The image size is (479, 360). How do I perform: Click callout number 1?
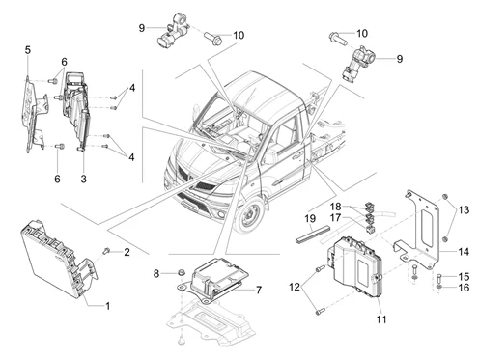(108, 306)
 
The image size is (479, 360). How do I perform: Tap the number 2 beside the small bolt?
(127, 252)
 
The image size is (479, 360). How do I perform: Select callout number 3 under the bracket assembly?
(84, 179)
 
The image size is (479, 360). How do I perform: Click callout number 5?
(28, 50)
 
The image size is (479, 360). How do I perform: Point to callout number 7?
(259, 290)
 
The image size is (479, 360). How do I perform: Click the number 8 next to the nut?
(156, 274)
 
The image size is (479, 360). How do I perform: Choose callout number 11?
(381, 319)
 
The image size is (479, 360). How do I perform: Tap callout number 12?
(295, 287)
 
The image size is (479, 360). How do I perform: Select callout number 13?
(464, 210)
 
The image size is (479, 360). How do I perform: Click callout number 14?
(464, 252)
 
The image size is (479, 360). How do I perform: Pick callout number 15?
(464, 276)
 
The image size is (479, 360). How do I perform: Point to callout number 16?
(464, 288)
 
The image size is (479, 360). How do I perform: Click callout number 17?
(335, 217)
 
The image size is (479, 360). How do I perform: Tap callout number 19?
(310, 219)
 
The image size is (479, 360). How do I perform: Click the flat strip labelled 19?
(313, 235)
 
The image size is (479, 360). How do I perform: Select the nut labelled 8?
(182, 272)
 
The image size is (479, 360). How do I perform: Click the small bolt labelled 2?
(106, 250)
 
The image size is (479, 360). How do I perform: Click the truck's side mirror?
(195, 113)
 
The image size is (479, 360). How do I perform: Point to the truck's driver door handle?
(297, 156)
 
